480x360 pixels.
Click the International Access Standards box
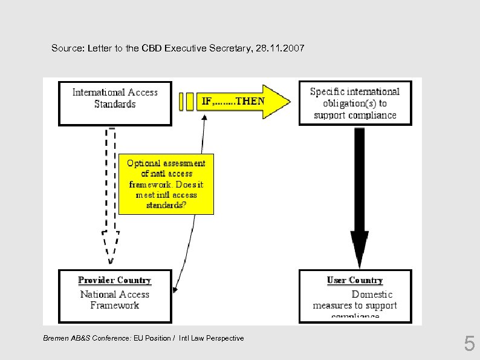pyautogui.click(x=115, y=102)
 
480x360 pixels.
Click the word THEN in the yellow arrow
pyautogui.click(x=250, y=101)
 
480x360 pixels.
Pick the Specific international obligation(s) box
pyautogui.click(x=355, y=103)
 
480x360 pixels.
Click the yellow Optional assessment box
pyautogui.click(x=166, y=184)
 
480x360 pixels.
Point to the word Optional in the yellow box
pyautogui.click(x=144, y=163)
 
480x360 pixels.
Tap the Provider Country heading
pyautogui.click(x=115, y=280)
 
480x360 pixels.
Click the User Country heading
pyautogui.click(x=355, y=280)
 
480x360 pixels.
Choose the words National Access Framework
pyautogui.click(x=115, y=299)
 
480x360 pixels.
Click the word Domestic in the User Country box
pyautogui.click(x=372, y=294)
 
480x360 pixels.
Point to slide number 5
pyautogui.click(x=469, y=345)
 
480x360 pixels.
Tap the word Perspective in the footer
pyautogui.click(x=225, y=338)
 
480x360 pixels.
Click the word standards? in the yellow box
pyautogui.click(x=166, y=205)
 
